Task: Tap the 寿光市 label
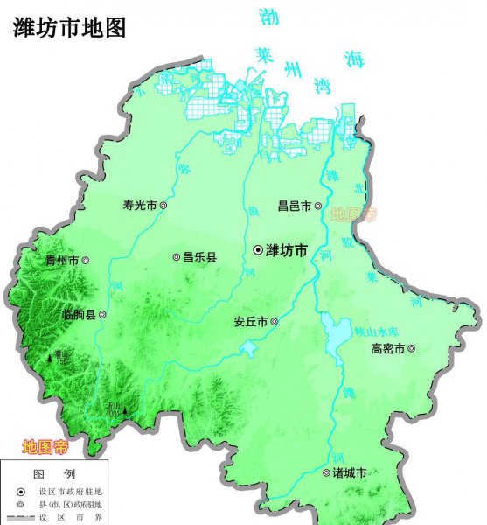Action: (x=139, y=206)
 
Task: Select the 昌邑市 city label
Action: (x=294, y=206)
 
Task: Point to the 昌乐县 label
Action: (x=199, y=258)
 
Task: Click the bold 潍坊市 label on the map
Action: (x=287, y=251)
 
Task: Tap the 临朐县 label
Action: (x=80, y=314)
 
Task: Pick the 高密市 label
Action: (x=387, y=349)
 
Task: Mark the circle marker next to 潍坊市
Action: (x=258, y=251)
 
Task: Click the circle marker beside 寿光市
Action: (x=162, y=206)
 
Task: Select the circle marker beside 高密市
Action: (x=411, y=349)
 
